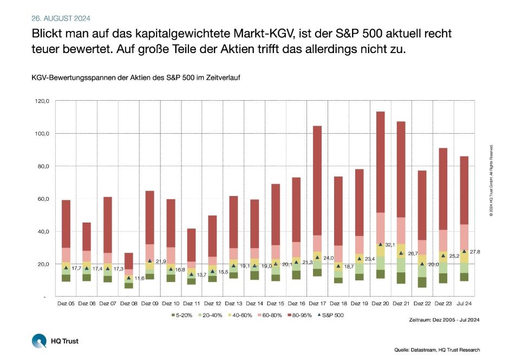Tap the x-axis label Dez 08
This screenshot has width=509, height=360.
[x=128, y=304]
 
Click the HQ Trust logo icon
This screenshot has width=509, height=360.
[x=39, y=341]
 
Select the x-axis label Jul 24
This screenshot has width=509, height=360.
[x=464, y=304]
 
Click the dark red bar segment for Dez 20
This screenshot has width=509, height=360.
[x=380, y=162]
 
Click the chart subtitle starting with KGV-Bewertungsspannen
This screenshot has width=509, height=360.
[x=135, y=77]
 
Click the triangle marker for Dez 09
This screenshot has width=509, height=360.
[x=149, y=261]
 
